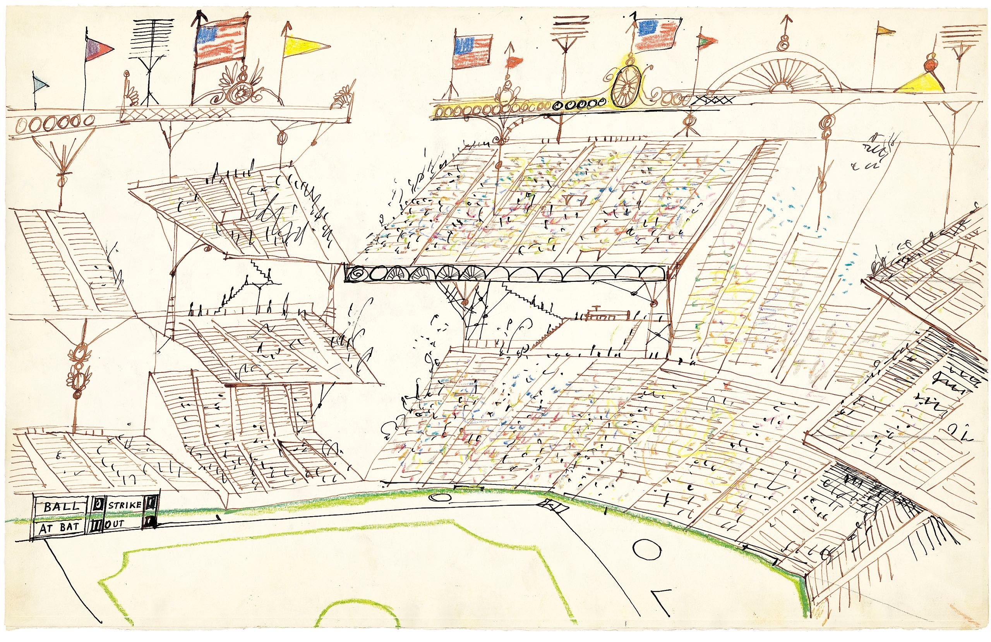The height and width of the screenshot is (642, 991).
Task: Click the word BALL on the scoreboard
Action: [61, 507]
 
